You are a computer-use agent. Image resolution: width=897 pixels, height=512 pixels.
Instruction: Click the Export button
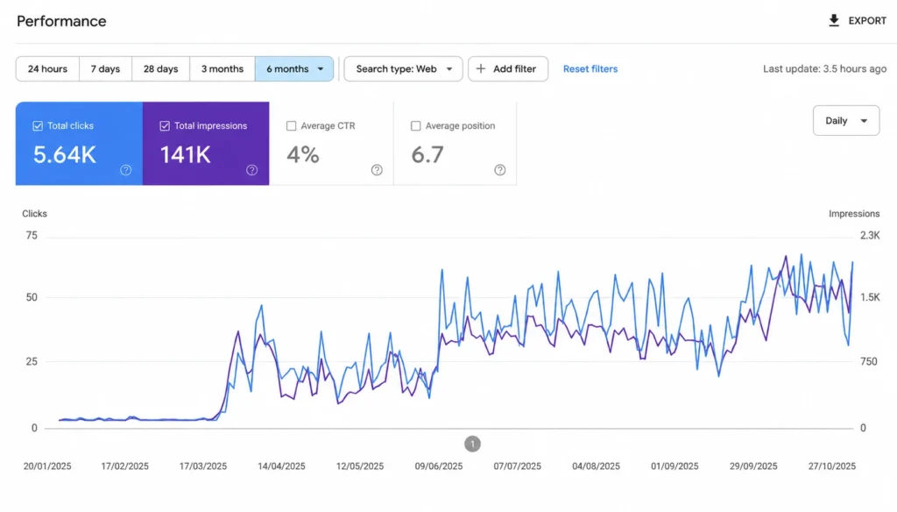857,21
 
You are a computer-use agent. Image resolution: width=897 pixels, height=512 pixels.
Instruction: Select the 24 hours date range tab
47,68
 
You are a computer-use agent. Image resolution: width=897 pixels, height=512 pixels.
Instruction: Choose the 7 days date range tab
105,68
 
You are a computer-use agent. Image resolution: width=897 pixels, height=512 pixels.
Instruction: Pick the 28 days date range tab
161,68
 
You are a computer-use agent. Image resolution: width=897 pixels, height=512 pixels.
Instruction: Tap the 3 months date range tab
222,68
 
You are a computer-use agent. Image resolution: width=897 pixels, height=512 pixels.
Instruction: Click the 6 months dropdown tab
294,68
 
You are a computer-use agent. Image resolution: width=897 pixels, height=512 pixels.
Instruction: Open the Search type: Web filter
403,68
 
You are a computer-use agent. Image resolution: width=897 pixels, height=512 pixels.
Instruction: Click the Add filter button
508,68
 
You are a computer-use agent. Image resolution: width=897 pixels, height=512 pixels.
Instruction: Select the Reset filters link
590,68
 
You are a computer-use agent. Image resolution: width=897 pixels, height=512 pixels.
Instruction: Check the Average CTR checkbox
291,126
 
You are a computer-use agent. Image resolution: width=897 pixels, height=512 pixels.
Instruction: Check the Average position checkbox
416,126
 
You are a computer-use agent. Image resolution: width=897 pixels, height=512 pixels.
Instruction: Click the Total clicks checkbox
38,126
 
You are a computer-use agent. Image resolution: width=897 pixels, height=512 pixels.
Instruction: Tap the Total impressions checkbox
165,126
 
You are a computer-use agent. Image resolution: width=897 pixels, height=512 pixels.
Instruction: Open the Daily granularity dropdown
846,121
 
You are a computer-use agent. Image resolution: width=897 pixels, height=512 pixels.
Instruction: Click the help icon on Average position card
500,170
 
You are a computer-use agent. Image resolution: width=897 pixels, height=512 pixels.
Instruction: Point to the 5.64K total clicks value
65,154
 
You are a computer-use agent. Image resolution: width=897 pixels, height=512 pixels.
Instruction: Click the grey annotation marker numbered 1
472,444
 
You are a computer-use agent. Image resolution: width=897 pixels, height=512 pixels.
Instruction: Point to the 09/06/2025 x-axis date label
439,466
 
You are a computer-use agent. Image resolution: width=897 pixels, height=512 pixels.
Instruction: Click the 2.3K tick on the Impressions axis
870,235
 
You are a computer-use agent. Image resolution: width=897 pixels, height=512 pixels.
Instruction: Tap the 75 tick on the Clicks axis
32,235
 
